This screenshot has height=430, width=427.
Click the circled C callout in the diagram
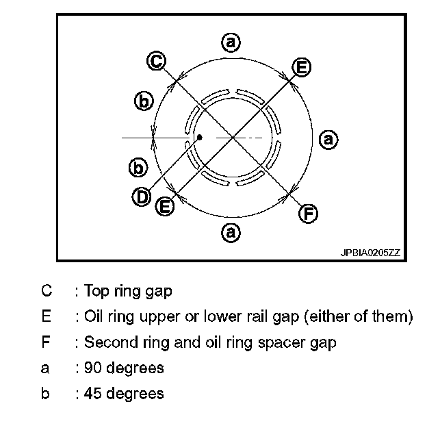point(157,62)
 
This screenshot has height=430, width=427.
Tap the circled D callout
point(142,197)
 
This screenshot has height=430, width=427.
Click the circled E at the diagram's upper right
point(301,67)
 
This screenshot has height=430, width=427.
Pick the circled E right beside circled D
point(165,206)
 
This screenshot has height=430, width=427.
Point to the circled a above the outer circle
point(231,42)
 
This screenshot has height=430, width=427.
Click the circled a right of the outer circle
point(328,139)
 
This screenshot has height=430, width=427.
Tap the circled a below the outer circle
point(231,233)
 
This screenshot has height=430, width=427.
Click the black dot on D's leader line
point(199,137)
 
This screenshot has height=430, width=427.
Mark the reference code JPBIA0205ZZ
point(370,253)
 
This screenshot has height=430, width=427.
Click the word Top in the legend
point(96,290)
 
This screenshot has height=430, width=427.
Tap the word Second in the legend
point(107,342)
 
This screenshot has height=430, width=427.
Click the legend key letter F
point(46,342)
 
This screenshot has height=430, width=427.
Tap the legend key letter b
point(45,394)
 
